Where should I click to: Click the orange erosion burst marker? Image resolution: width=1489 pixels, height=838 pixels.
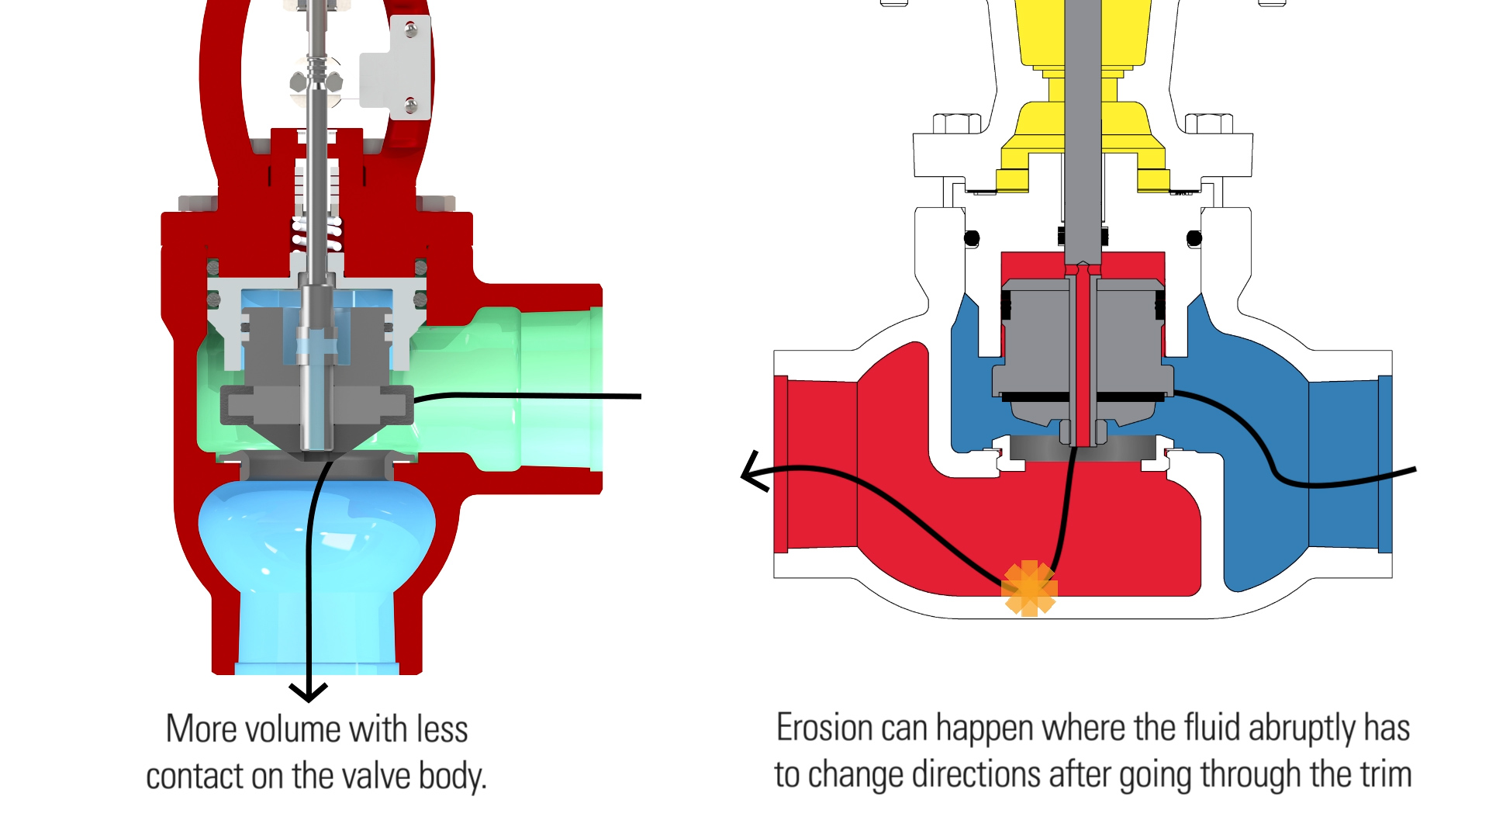click(1029, 588)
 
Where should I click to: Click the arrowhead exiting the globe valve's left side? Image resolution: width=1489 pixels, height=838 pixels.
click(752, 472)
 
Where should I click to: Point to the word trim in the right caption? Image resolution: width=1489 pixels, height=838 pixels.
click(1385, 774)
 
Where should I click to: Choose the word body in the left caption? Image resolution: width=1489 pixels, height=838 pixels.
click(452, 776)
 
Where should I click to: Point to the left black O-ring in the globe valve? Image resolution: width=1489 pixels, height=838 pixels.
click(972, 238)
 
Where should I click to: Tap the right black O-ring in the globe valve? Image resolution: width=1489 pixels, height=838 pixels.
click(1194, 238)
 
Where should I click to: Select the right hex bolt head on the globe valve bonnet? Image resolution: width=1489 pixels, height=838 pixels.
click(1209, 123)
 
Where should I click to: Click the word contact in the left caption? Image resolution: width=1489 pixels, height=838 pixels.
click(199, 776)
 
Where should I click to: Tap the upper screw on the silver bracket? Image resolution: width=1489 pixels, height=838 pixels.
click(411, 30)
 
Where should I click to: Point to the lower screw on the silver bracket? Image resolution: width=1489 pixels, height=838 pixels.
click(411, 104)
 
